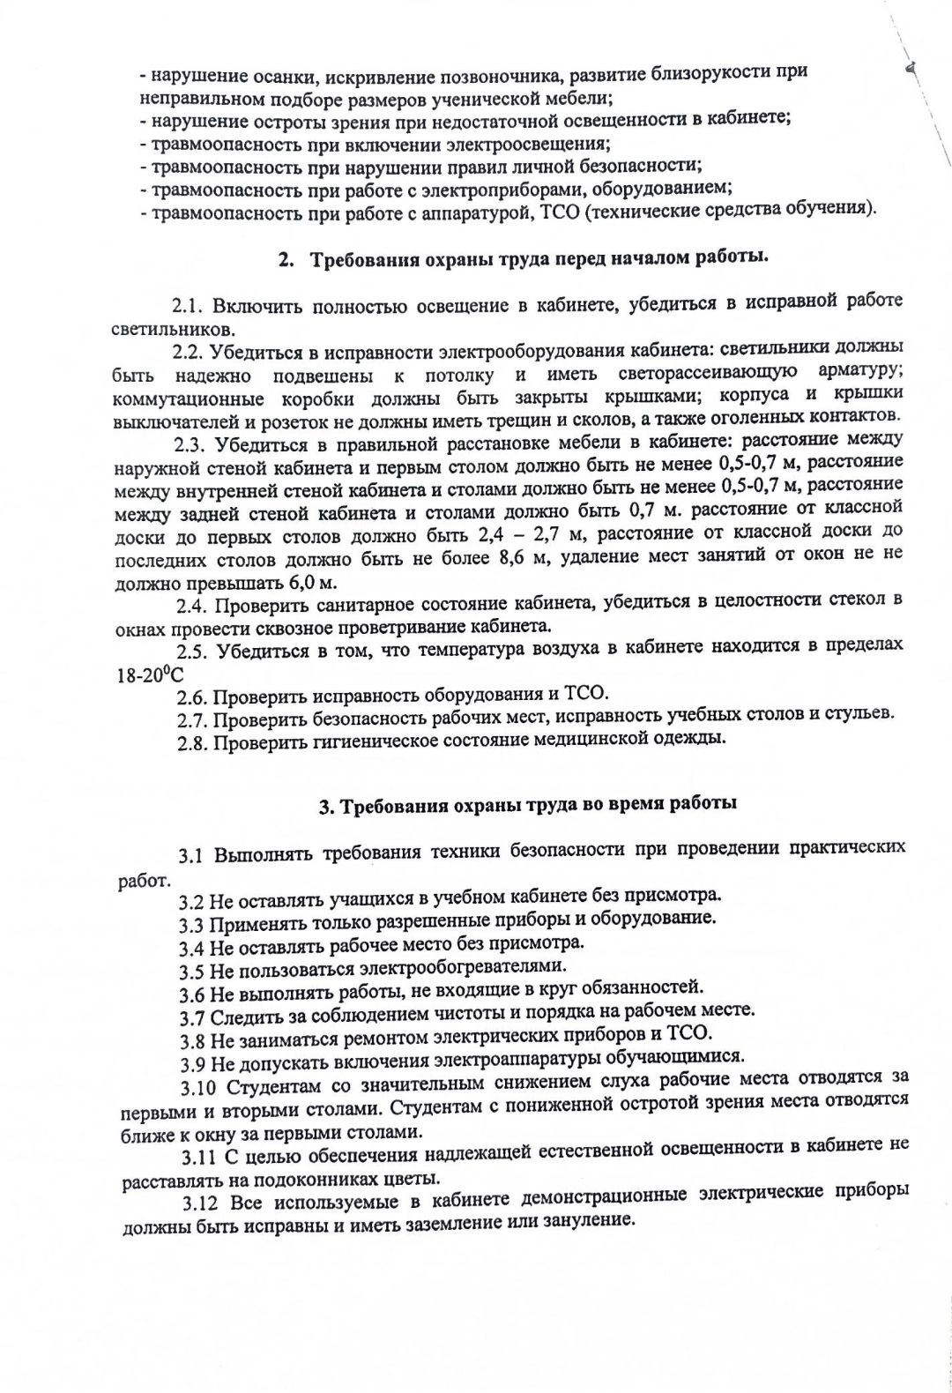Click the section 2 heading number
tap(284, 259)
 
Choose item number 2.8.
tap(192, 741)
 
